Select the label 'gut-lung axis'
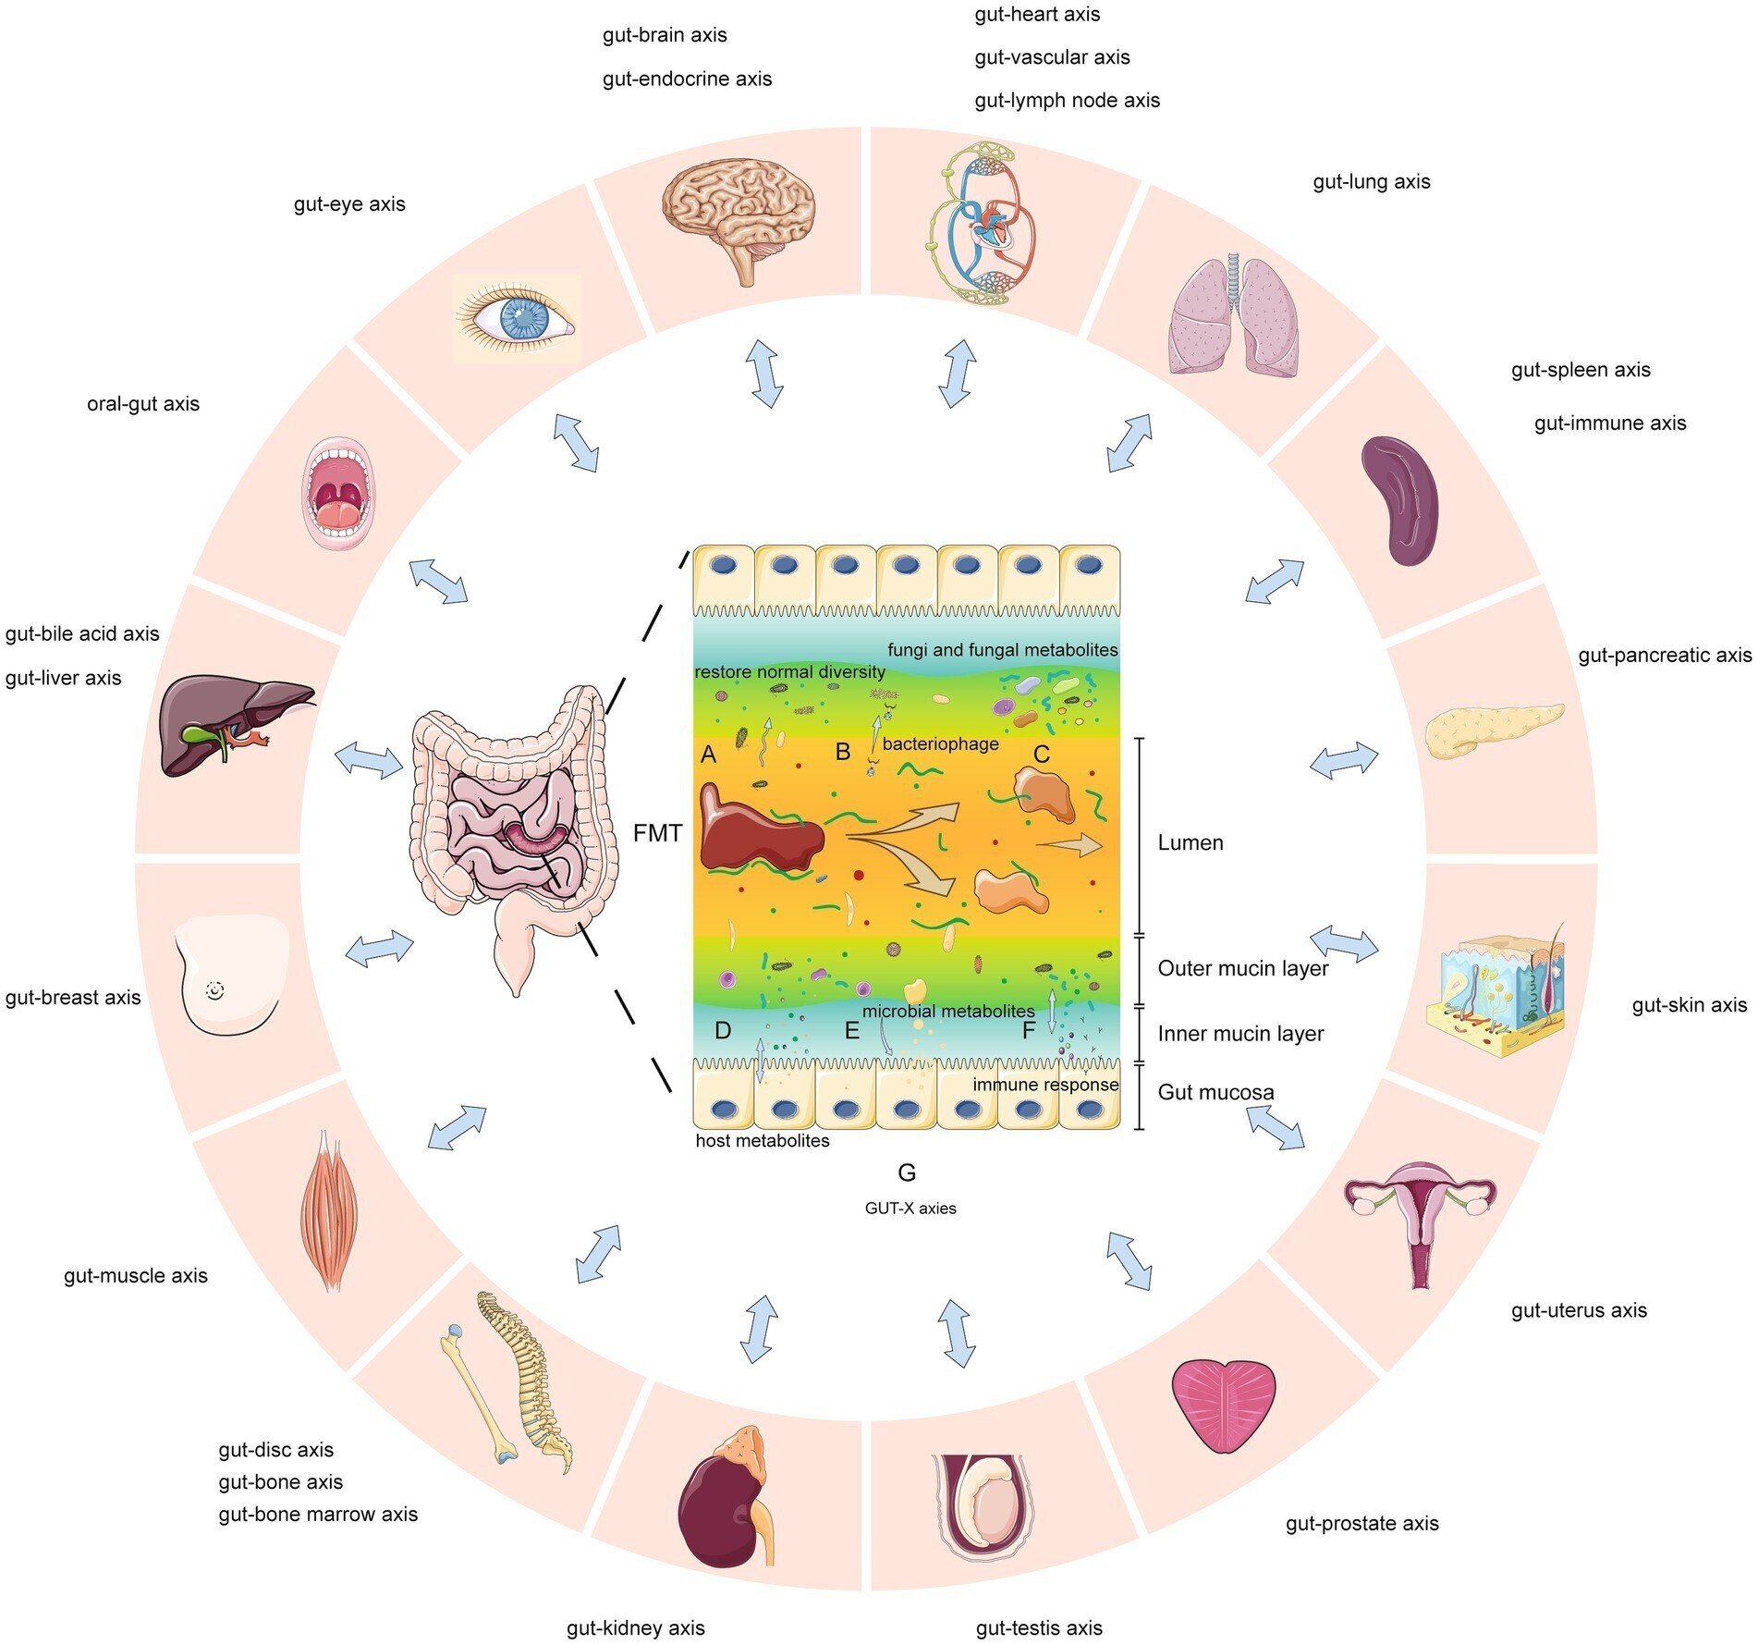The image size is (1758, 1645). pyautogui.click(x=1371, y=182)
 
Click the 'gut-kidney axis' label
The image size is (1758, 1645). pyautogui.click(x=635, y=1627)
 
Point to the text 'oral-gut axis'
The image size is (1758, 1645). pyautogui.click(x=143, y=404)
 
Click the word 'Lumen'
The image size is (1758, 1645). pyautogui.click(x=1190, y=842)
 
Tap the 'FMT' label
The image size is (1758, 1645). pyautogui.click(x=657, y=834)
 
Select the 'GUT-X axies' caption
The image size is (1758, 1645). pyautogui.click(x=910, y=1208)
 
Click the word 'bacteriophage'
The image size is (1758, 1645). pyautogui.click(x=940, y=743)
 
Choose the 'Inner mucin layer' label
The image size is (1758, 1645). pyautogui.click(x=1240, y=1033)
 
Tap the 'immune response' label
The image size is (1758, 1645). pyautogui.click(x=1044, y=1085)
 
